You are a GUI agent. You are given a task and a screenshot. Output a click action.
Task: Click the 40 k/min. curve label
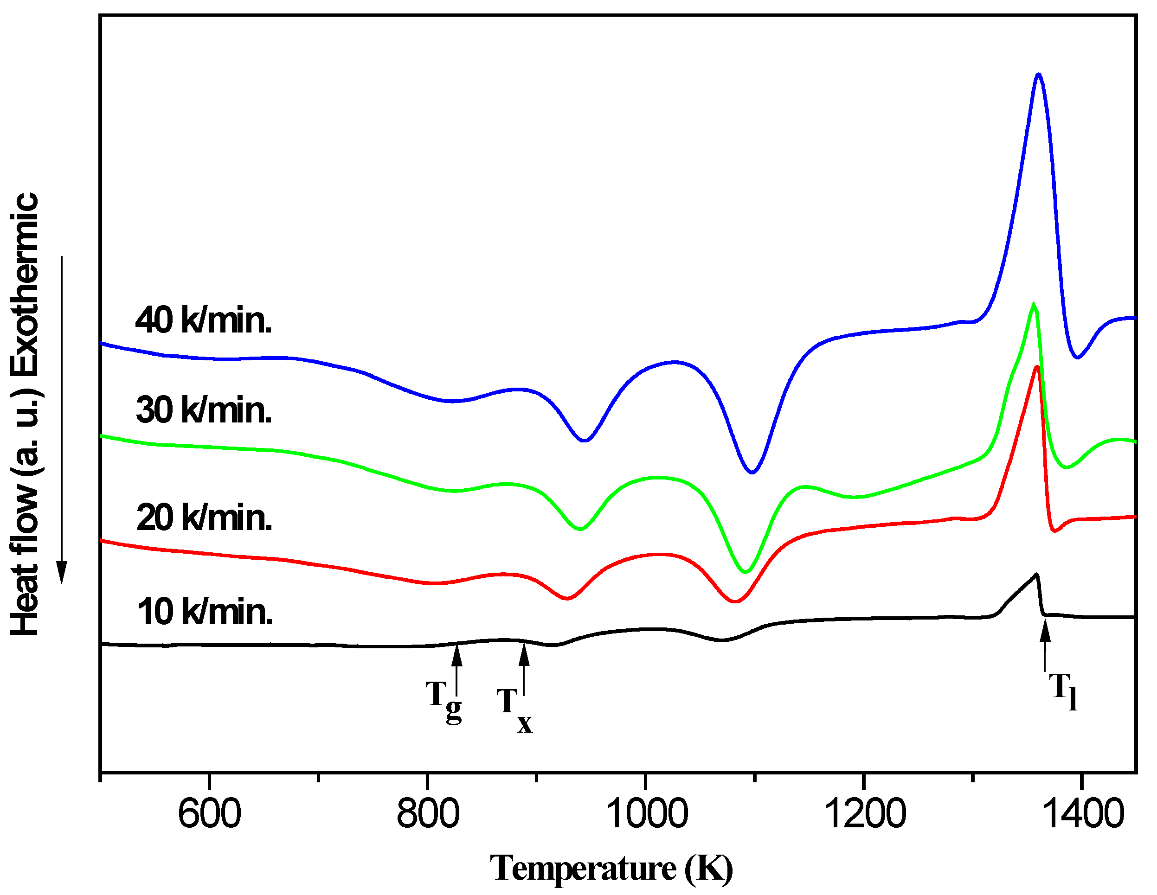coord(204,320)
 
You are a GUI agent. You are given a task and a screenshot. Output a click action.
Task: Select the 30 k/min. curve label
coord(204,410)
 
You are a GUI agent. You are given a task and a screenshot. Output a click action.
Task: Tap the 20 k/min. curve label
coord(204,518)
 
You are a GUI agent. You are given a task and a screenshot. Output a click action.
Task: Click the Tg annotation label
coord(444,701)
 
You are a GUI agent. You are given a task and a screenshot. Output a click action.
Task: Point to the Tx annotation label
coord(514,710)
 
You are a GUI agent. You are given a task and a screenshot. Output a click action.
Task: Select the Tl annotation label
coord(1063,690)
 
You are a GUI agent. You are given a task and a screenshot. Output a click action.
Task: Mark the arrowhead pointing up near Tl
coord(1045,633)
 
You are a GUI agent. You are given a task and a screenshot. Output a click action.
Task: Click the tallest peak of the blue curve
coord(1038,75)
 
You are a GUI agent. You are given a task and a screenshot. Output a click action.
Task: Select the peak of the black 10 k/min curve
coord(1036,575)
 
